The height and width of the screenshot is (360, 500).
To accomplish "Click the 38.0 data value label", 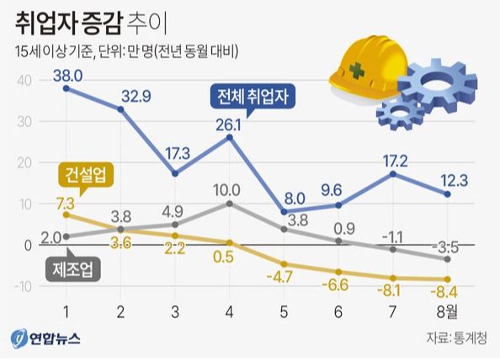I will (x=67, y=76).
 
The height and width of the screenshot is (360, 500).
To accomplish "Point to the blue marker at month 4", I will (x=229, y=136).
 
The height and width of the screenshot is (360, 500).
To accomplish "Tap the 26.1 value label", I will (x=229, y=124).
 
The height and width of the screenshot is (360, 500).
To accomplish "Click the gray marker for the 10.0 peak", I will (x=229, y=204).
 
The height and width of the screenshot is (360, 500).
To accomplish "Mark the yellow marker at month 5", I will (x=284, y=264).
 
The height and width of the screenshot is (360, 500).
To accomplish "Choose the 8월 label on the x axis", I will (x=449, y=312).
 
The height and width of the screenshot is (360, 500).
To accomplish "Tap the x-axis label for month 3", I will (x=174, y=312).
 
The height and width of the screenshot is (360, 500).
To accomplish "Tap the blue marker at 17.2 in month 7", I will (x=392, y=173).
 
